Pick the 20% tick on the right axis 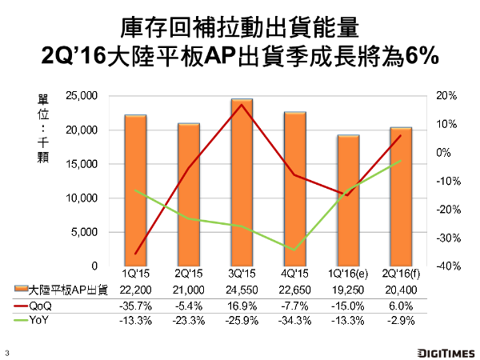447,96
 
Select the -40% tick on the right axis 446,266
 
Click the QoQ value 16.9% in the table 242,306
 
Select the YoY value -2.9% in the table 402,321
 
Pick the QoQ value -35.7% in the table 135,306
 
